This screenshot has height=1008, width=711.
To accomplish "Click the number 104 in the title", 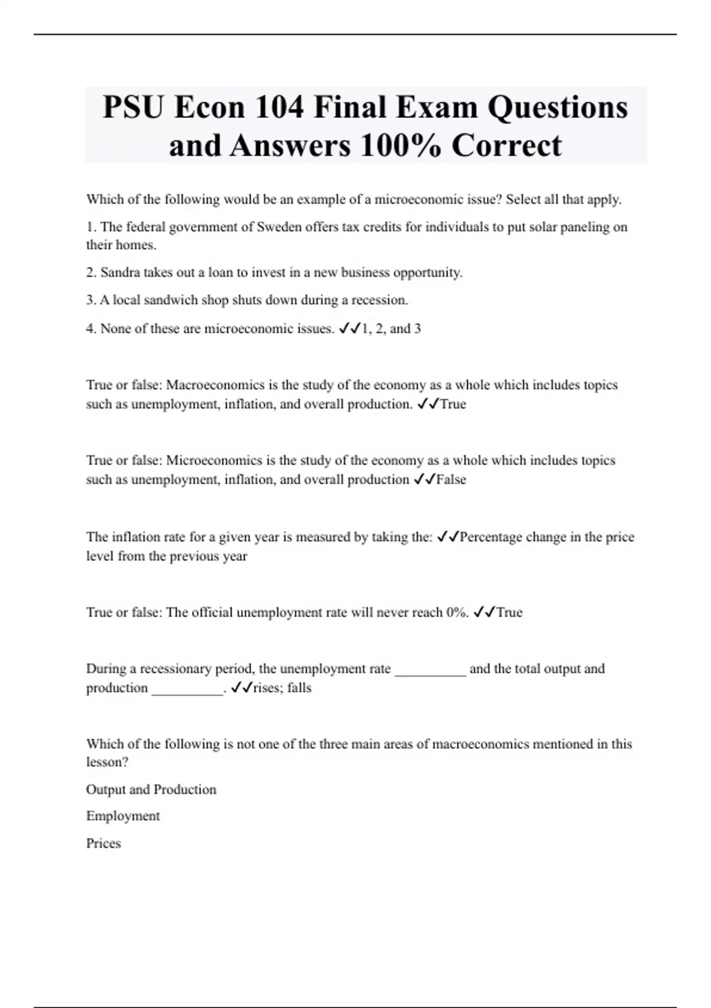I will (279, 108).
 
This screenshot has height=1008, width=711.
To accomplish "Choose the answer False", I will (451, 480).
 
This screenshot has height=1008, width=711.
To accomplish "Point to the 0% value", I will (455, 613).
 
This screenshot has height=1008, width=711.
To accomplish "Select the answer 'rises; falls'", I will (282, 688).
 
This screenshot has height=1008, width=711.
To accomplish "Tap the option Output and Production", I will (151, 790).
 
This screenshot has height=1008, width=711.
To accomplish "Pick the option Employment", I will (123, 816).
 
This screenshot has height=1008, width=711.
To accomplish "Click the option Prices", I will (103, 844).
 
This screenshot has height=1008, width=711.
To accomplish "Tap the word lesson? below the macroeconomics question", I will (107, 763).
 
